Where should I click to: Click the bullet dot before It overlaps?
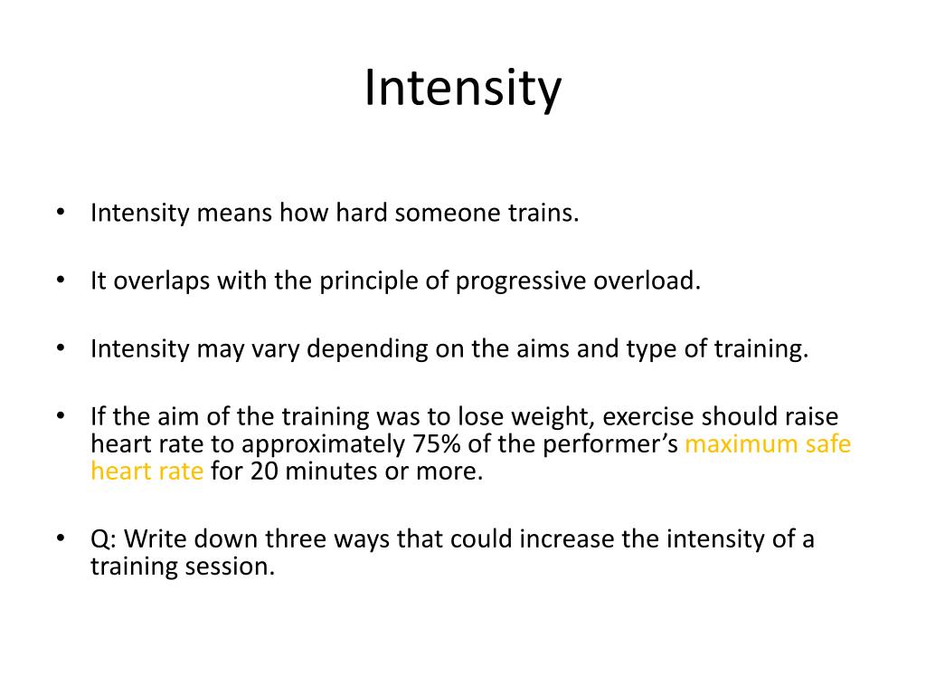click(61, 281)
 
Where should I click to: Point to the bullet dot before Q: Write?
click(61, 539)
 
